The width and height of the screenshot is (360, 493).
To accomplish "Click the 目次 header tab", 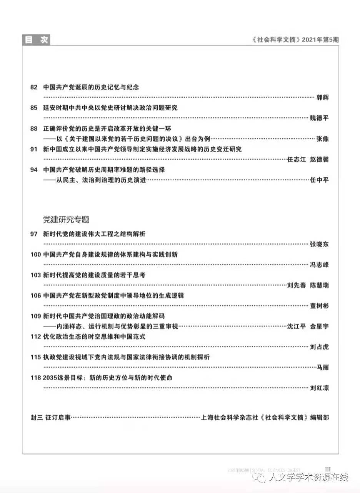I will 37,40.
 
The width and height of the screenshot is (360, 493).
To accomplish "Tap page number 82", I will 34,87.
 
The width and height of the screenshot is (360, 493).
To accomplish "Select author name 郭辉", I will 322,97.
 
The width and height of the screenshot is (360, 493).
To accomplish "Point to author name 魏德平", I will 319,118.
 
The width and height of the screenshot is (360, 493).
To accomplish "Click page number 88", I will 34,128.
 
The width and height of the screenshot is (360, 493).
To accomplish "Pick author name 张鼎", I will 322,139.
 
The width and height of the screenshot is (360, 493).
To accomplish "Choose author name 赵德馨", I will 320,160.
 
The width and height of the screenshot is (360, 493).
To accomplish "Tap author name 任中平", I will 319,180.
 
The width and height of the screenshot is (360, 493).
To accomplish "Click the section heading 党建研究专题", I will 66,220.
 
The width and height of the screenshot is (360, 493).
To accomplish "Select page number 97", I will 34,234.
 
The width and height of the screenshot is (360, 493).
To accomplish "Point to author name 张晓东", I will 319,244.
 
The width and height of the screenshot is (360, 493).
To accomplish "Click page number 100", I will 36,255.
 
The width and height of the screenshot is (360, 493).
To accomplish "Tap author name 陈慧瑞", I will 320,285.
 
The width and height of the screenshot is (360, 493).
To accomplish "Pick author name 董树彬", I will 319,306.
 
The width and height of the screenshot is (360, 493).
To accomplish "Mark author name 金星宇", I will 320,326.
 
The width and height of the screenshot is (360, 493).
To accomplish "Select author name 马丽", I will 322,368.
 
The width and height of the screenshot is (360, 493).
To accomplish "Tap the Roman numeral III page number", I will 328,469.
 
